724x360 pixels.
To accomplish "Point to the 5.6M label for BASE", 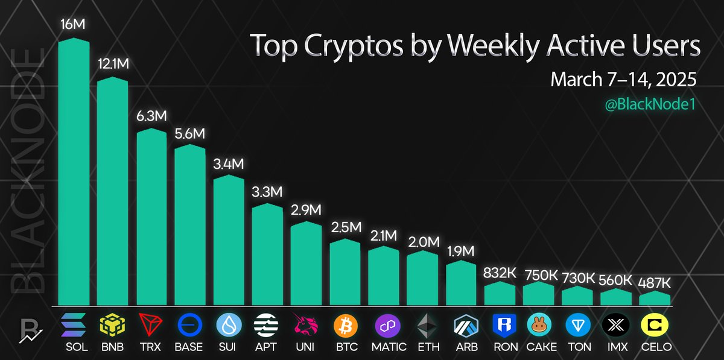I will click(x=190, y=134).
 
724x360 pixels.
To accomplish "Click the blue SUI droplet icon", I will click(x=229, y=326).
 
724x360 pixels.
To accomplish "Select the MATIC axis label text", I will click(x=384, y=347).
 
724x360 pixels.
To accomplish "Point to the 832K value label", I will click(x=500, y=272).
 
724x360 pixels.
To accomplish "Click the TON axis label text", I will click(x=577, y=347).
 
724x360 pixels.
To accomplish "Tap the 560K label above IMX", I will click(x=616, y=279).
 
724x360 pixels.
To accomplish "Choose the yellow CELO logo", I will click(x=655, y=326).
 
